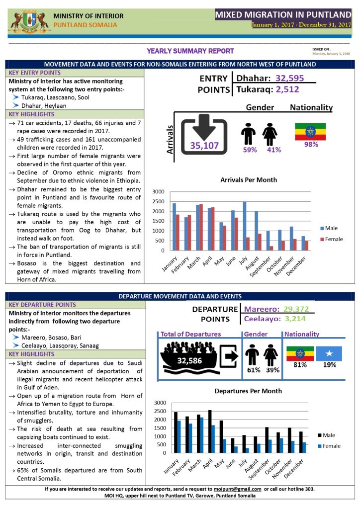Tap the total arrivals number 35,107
click(204, 145)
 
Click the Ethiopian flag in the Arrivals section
click(310, 131)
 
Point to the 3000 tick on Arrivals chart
click(158, 191)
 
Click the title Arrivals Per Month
click(249, 180)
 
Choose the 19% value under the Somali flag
click(330, 365)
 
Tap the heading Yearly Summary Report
click(190, 51)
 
